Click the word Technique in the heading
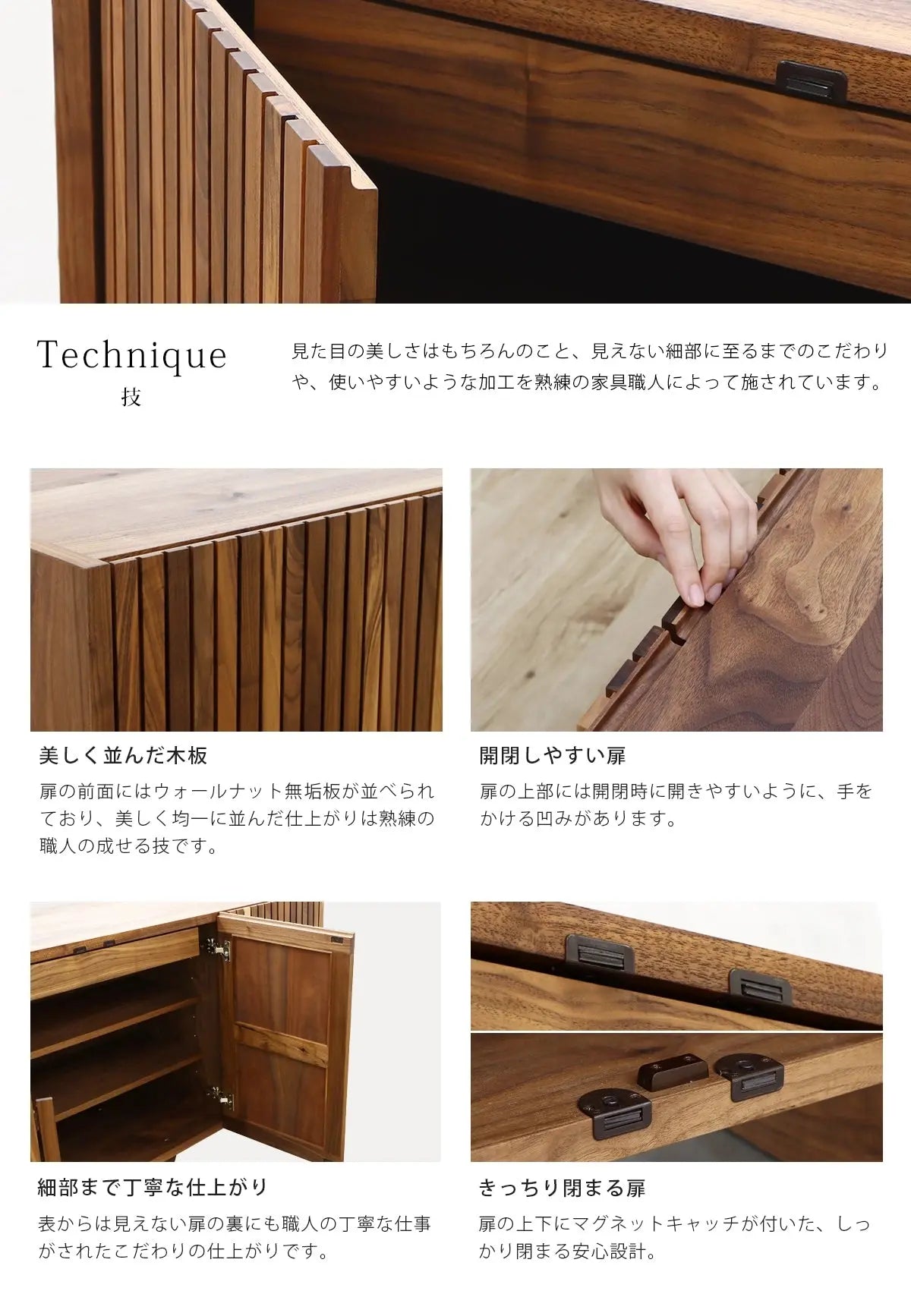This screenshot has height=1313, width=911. pos(132,356)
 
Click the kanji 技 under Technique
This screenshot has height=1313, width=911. pos(131,398)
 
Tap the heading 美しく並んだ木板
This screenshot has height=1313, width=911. pos(123,756)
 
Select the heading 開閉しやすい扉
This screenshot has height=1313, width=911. pos(553,756)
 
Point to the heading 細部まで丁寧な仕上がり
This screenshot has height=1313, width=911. pos(153,1188)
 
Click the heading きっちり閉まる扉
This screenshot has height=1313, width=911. pos(562,1188)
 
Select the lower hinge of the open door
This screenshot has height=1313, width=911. pos(220,1097)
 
